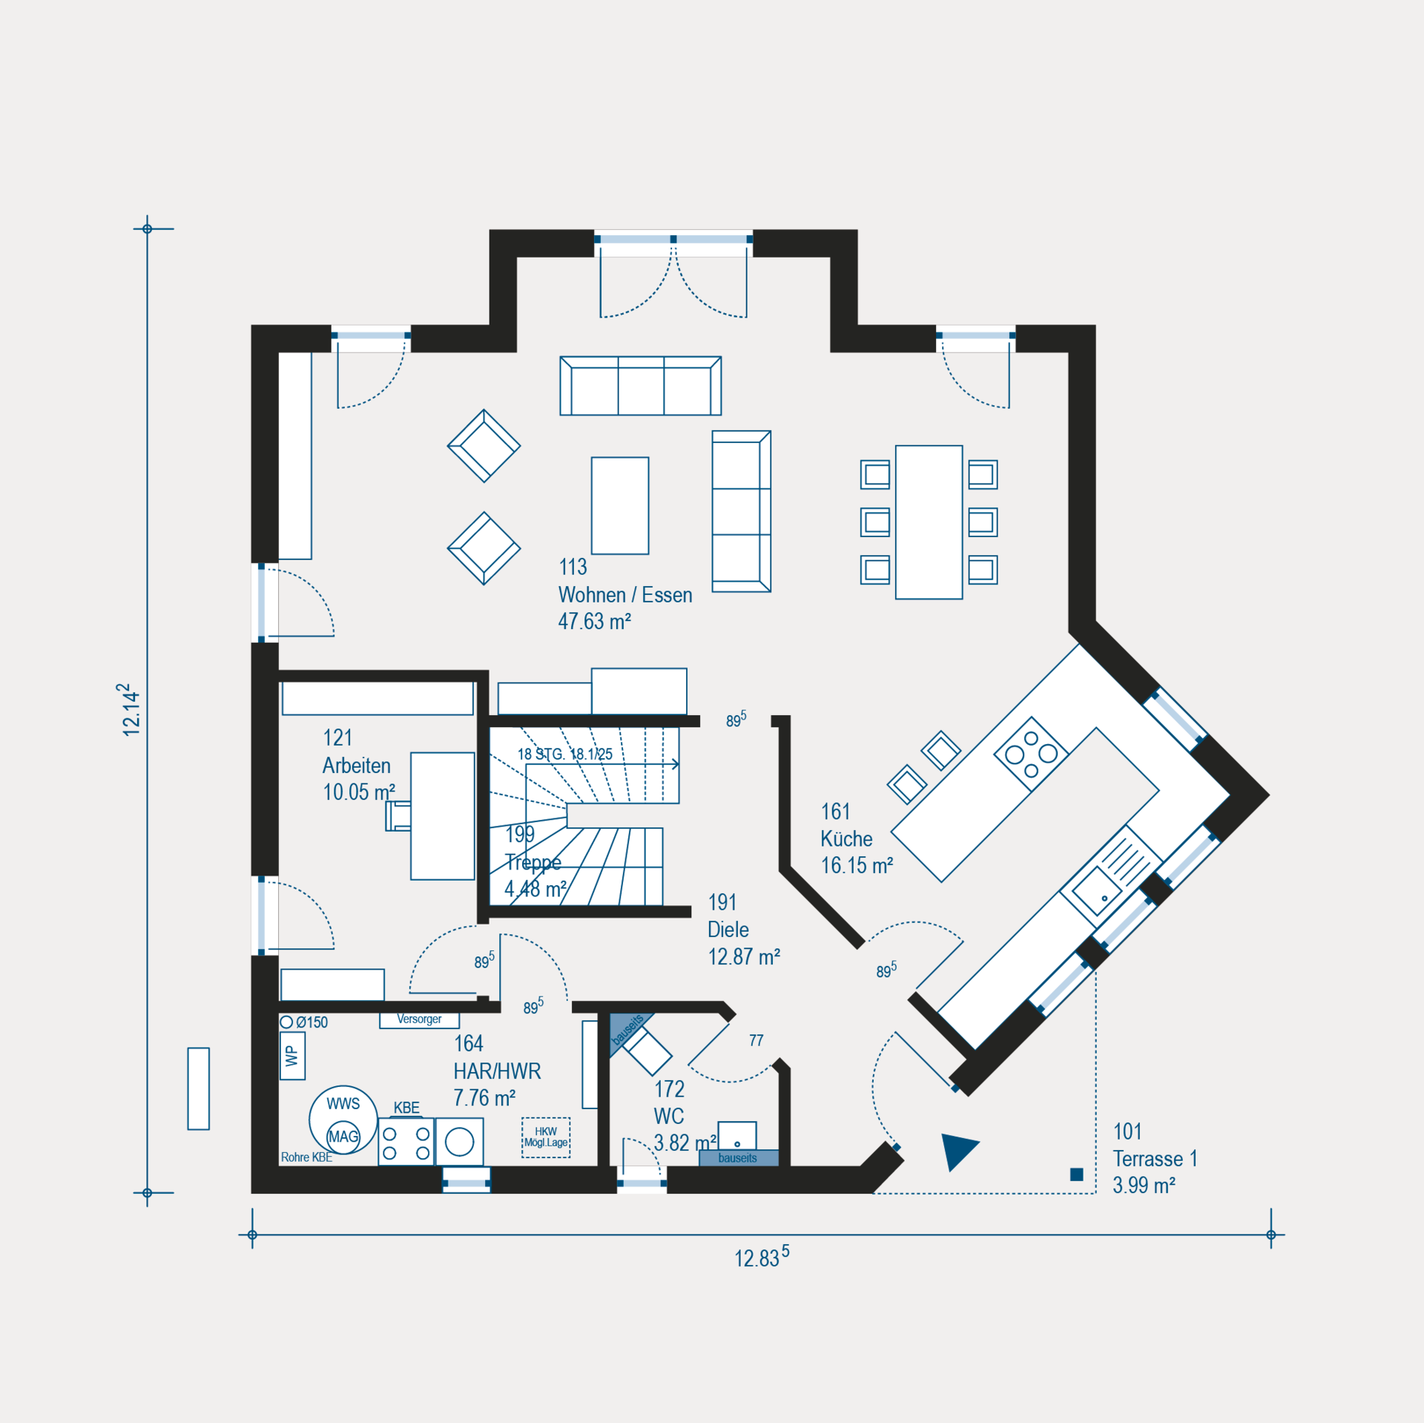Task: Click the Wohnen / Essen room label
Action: tap(625, 595)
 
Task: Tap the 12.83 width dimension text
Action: tap(762, 1257)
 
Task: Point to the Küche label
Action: tap(846, 839)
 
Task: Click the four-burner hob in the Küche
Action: tap(1031, 754)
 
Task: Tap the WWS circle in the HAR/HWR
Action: tap(343, 1120)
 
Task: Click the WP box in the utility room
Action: tap(293, 1056)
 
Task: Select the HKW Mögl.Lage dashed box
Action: tap(546, 1137)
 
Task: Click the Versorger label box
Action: tap(420, 1020)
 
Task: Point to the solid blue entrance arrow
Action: tap(959, 1151)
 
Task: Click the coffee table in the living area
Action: tap(620, 505)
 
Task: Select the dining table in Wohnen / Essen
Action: tap(929, 522)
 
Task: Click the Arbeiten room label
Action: tap(357, 766)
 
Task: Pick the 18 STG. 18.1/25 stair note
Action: tap(565, 754)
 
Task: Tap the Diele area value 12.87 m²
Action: tap(744, 957)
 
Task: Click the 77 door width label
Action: tap(756, 1040)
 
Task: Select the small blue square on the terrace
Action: tap(1077, 1174)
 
